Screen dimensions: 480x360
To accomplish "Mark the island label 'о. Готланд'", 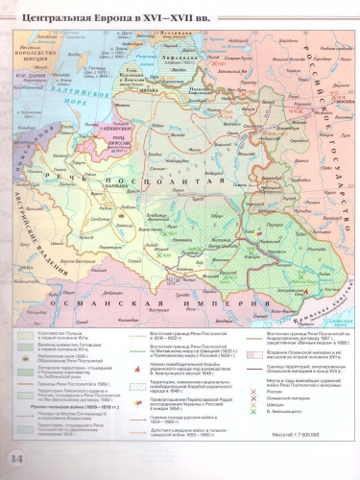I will tap(100, 69).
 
